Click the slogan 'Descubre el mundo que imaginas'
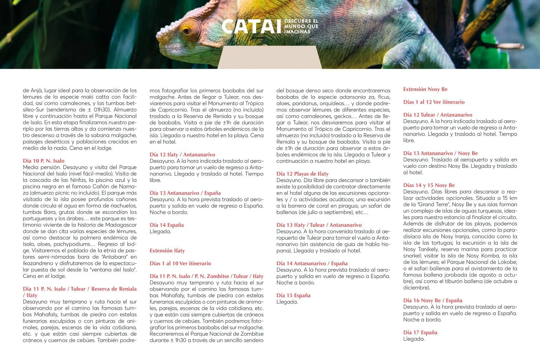(x=301, y=26)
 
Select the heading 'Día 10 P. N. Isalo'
(x=43, y=161)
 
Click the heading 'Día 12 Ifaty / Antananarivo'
(x=182, y=154)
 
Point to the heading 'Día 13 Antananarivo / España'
(x=185, y=193)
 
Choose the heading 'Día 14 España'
(x=166, y=225)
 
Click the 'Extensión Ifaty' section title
(x=167, y=250)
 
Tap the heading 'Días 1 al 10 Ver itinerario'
(x=180, y=263)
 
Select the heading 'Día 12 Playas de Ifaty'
(x=302, y=174)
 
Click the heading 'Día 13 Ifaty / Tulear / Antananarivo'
(x=319, y=225)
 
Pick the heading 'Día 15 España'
(x=293, y=295)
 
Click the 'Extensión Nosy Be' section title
(x=425, y=89)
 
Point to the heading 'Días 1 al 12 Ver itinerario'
(x=433, y=102)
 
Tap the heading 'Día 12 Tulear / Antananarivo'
(x=437, y=115)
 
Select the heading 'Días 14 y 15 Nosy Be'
(x=429, y=185)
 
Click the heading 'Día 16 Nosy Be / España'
(x=432, y=300)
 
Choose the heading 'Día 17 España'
(x=420, y=332)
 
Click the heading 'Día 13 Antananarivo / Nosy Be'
(x=440, y=153)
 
